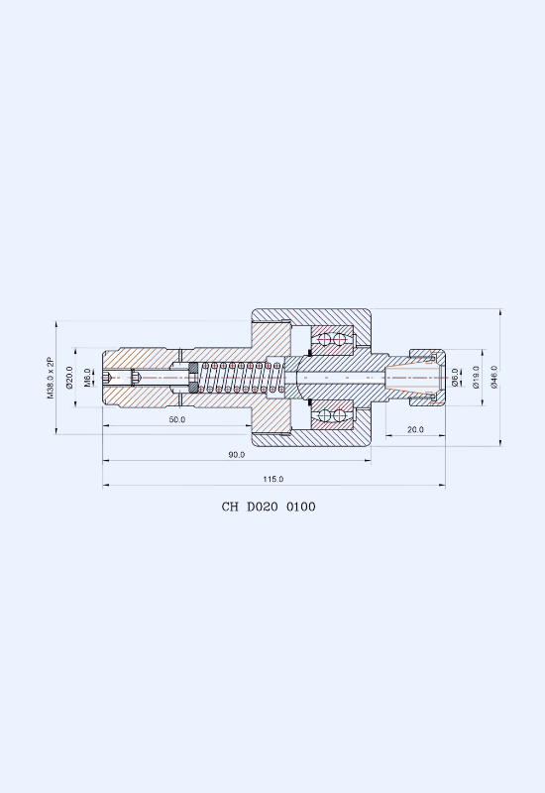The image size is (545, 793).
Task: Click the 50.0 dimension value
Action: click(x=177, y=419)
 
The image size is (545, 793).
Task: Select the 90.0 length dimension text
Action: click(x=236, y=455)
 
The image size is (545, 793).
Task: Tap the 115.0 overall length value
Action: click(x=273, y=479)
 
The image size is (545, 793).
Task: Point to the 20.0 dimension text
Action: click(x=415, y=429)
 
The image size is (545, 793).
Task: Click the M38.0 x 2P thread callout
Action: click(x=51, y=378)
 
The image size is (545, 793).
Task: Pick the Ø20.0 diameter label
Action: click(x=69, y=378)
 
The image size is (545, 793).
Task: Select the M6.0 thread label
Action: click(x=87, y=378)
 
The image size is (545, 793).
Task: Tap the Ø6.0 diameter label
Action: click(x=455, y=378)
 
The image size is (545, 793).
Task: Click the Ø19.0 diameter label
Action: click(x=476, y=378)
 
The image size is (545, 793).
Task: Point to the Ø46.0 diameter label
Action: click(x=494, y=378)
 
